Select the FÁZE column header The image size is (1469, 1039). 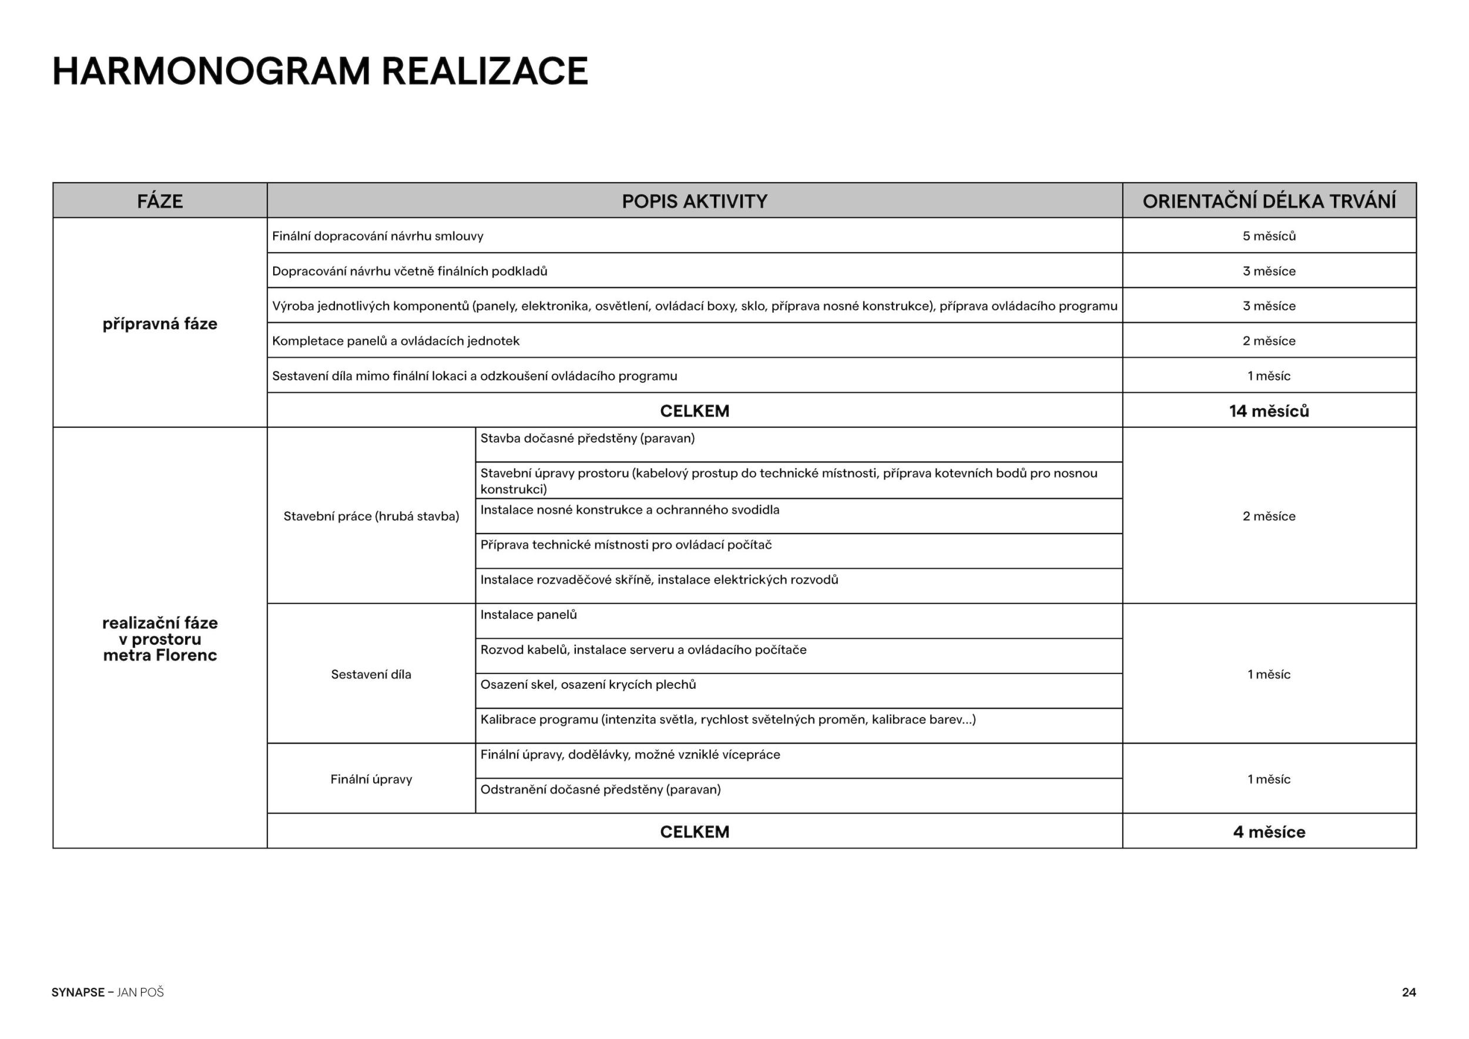160,202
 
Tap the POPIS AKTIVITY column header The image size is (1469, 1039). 694,202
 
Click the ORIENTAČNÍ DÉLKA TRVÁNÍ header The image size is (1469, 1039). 1269,202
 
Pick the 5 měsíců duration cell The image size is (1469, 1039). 1269,236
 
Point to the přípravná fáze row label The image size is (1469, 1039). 160,324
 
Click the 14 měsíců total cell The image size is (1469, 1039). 1269,411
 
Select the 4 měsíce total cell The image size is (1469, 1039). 1269,832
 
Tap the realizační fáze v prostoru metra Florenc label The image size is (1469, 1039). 160,638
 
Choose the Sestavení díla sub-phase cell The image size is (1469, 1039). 371,674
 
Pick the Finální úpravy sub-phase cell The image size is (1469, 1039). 371,779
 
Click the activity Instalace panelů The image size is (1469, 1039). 528,615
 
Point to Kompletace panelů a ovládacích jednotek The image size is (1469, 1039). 395,341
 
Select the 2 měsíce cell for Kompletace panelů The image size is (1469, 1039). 1269,341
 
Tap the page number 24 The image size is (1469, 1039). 1409,993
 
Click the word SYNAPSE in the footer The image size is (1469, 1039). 78,993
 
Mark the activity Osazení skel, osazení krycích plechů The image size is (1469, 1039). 588,685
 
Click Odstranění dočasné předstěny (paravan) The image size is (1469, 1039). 600,789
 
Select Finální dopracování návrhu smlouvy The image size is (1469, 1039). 377,236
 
